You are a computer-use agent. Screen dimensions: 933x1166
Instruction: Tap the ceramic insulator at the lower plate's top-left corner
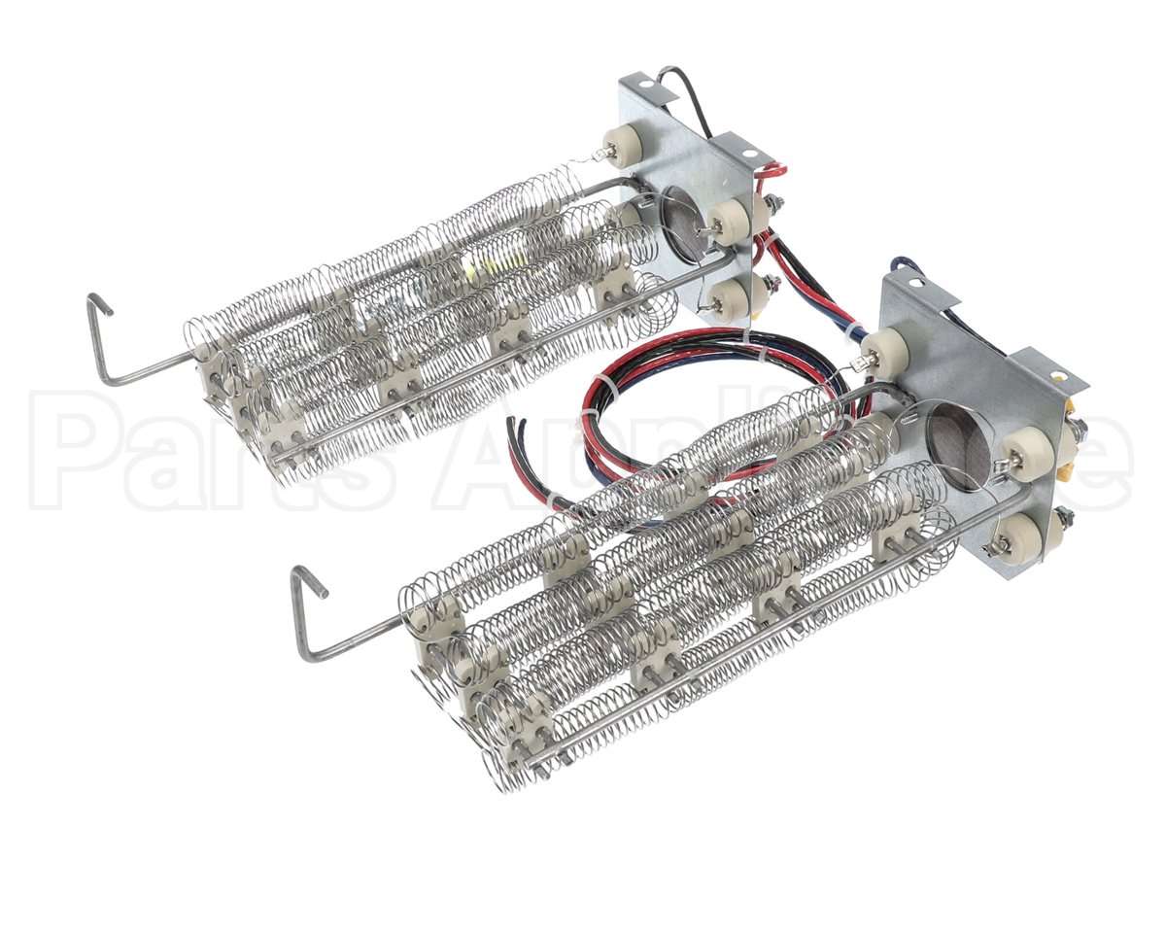click(x=882, y=348)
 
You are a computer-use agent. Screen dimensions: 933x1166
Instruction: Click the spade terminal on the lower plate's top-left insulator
click(x=858, y=365)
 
